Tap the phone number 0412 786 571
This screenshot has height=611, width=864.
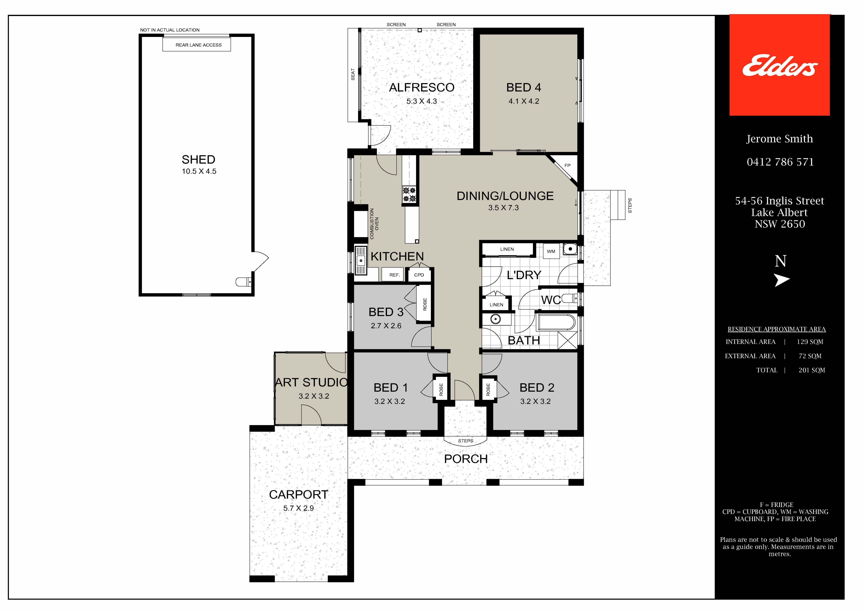coord(780,162)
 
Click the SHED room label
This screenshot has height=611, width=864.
coord(198,160)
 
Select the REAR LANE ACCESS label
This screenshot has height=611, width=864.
coord(199,45)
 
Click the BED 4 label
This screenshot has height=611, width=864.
coord(523,87)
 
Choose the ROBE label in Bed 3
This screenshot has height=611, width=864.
coord(425,304)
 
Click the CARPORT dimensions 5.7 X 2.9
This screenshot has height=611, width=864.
coord(298,508)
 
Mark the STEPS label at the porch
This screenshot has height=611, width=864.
coord(466,441)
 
